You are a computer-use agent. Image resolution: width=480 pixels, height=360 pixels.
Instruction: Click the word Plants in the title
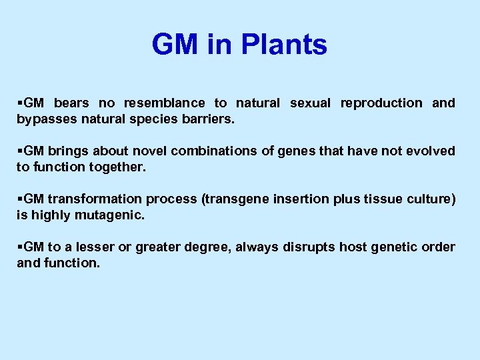285,45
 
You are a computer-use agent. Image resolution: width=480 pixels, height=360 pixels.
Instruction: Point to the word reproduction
381,103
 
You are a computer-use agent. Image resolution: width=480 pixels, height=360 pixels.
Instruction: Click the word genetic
398,247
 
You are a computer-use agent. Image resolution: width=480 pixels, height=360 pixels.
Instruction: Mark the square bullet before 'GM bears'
19,103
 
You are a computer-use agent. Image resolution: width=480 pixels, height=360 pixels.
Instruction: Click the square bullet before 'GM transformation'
19,199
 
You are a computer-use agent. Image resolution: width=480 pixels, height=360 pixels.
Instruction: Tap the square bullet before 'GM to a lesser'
19,247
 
